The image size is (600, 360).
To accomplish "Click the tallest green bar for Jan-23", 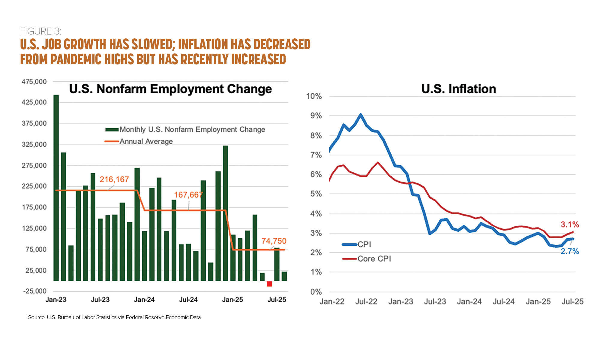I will coord(56,187).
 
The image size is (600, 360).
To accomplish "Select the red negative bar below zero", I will coord(269,284).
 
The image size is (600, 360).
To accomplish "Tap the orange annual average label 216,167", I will coord(114,179).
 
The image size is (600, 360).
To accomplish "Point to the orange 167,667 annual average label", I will coord(188,195).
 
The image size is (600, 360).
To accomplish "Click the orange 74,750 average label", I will coord(274,241).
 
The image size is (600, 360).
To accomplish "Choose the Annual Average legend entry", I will coord(146,141).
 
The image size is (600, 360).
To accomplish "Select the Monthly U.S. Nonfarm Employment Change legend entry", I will coord(192,130).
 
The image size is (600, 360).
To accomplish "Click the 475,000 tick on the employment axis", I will coord(34,82).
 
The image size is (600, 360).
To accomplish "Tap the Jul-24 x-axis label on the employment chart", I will coord(188,300).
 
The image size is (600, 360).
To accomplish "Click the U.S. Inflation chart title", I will coord(458,89).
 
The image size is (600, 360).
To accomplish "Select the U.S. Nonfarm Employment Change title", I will coord(170,89).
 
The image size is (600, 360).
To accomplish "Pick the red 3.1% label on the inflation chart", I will coord(570,224).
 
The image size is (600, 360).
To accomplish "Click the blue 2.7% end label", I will coord(570,251).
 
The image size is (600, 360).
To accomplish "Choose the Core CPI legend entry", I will coord(374,259).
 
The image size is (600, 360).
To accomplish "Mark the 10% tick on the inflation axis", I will coord(314,96).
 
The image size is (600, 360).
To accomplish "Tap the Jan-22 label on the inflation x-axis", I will coord(332,301).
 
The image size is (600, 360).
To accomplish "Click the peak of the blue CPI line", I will coord(361,114).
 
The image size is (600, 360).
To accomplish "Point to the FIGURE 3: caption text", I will coord(40,31).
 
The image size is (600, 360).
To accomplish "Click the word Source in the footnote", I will coord(36,317).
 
